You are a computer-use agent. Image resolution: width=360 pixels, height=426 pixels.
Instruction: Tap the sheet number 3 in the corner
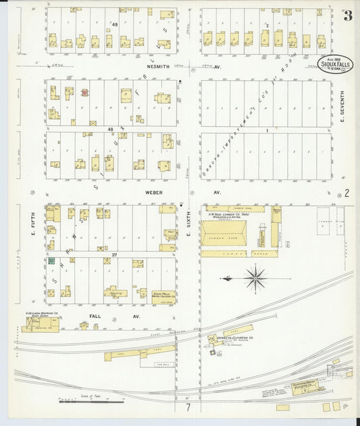click(x=346, y=16)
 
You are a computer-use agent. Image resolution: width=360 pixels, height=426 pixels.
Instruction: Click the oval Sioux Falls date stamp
click(x=333, y=64)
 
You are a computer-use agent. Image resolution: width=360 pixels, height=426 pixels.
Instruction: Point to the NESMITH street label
click(x=161, y=68)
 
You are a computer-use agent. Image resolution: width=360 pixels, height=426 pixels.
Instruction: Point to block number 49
click(x=115, y=25)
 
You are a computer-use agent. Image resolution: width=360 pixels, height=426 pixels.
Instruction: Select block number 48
click(x=110, y=128)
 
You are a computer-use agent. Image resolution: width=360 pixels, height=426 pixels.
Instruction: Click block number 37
click(x=115, y=255)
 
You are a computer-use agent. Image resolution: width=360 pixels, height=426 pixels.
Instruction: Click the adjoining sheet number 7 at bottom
click(x=189, y=407)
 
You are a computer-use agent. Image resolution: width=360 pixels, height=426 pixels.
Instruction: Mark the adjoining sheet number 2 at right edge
click(x=347, y=193)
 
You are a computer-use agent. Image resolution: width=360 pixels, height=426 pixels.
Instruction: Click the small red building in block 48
click(x=84, y=92)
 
